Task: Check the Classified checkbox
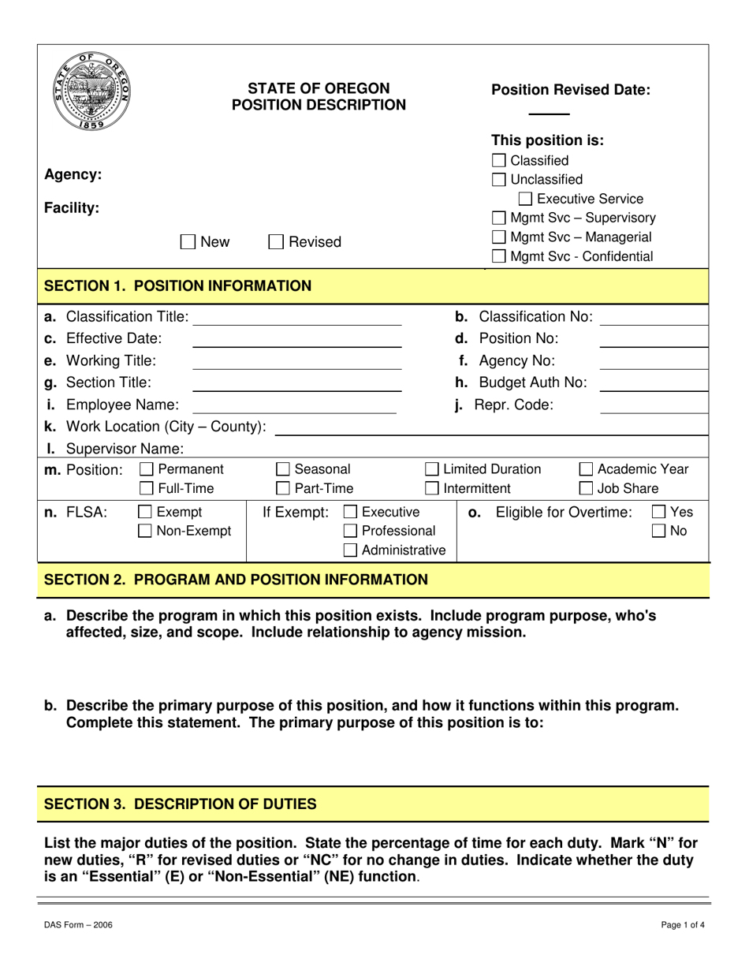(x=499, y=161)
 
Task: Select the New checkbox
(x=188, y=242)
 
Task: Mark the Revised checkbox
(x=276, y=242)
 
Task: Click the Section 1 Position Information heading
(x=177, y=285)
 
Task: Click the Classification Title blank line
(x=296, y=319)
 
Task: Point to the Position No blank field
(x=653, y=340)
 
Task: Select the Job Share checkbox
(x=587, y=488)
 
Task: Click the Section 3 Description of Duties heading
(x=180, y=804)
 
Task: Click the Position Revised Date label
(x=571, y=90)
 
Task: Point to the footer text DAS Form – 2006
(x=78, y=925)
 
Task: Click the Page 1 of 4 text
(x=683, y=925)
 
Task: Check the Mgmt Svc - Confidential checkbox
(x=499, y=256)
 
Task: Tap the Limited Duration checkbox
(x=433, y=470)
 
